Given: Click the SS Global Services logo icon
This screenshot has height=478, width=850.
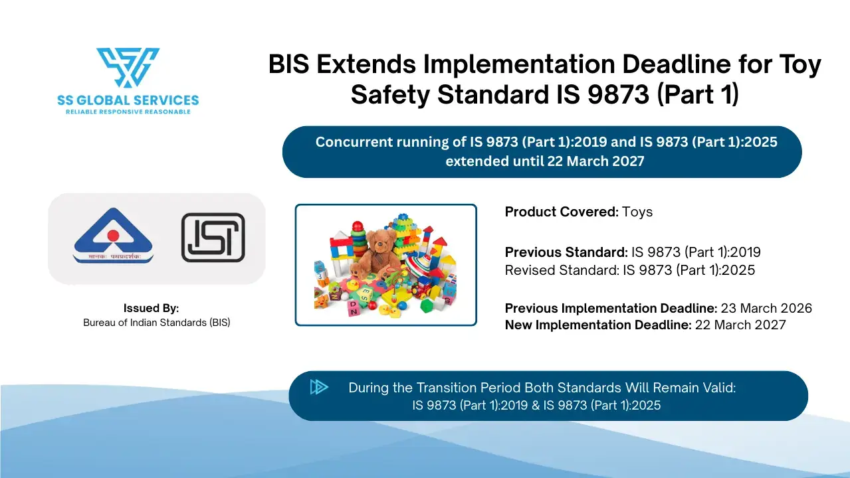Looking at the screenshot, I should pos(128,67).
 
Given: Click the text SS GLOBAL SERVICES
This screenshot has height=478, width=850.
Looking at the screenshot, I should pos(128,100).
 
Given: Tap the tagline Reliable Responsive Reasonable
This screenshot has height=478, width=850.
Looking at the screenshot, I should pos(128,112).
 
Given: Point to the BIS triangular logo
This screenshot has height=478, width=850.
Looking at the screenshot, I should pos(113,237).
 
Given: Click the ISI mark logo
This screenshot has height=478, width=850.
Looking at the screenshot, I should pos(213,237).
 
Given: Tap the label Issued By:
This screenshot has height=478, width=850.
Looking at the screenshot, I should pos(151,308).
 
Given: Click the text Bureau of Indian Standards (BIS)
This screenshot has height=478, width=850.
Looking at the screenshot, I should pos(156,323).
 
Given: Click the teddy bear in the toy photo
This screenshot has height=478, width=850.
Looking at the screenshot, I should pos(379,252).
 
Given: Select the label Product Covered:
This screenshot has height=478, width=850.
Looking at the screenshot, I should pos(562,212).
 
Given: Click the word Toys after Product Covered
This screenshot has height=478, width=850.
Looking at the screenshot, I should pos(637,212).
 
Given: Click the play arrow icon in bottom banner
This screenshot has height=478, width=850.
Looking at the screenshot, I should pos(319,387).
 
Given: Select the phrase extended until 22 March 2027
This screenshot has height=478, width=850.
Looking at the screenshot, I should pos(544,161).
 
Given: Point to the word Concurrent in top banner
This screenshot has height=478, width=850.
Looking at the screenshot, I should pos(354,142).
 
